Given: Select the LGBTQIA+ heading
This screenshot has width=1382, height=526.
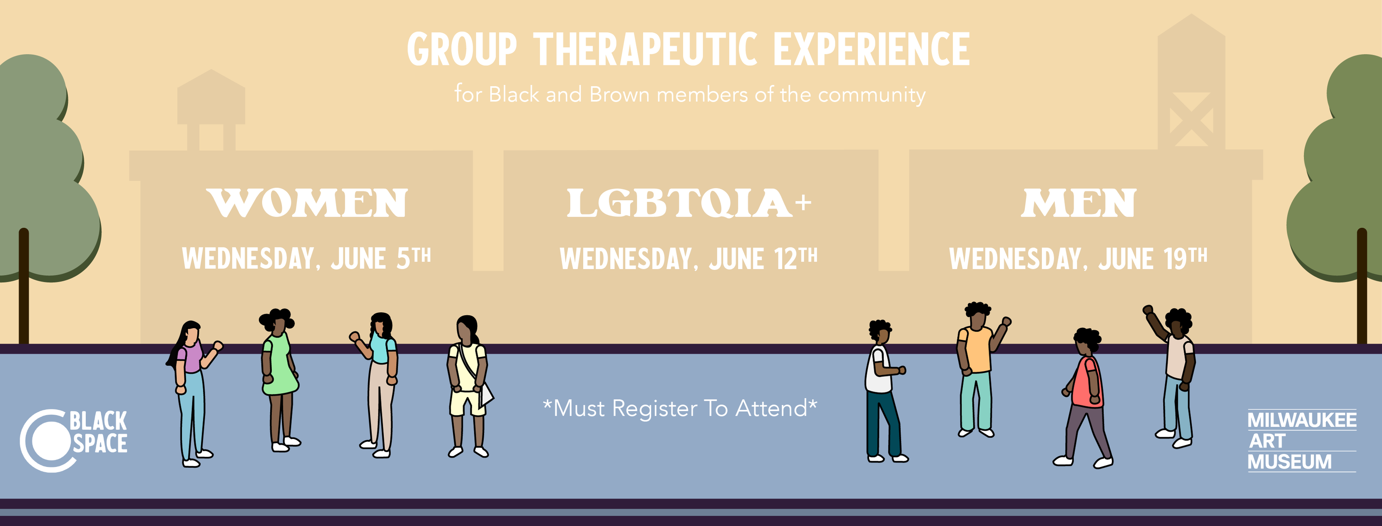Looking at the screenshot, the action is (x=689, y=203).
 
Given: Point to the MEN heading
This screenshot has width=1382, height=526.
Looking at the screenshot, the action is (x=1079, y=203).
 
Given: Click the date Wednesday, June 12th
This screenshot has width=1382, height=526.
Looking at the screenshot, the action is (x=689, y=259).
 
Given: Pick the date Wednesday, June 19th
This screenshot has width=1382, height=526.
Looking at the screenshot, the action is (x=1079, y=259).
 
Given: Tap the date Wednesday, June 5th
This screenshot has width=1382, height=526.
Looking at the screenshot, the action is (x=306, y=258).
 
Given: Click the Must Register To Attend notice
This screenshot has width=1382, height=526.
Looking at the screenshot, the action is (x=680, y=409).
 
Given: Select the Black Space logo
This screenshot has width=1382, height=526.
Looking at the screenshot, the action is (x=74, y=441).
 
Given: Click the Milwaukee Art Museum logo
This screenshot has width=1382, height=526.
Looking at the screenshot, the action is (x=1302, y=441).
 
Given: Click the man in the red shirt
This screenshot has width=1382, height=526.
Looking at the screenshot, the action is (x=1084, y=398).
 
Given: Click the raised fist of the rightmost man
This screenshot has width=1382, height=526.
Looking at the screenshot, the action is (x=1148, y=310).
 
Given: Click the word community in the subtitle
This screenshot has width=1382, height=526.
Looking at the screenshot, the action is (x=871, y=95).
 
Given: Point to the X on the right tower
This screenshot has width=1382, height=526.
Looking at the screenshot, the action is (x=1191, y=119).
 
